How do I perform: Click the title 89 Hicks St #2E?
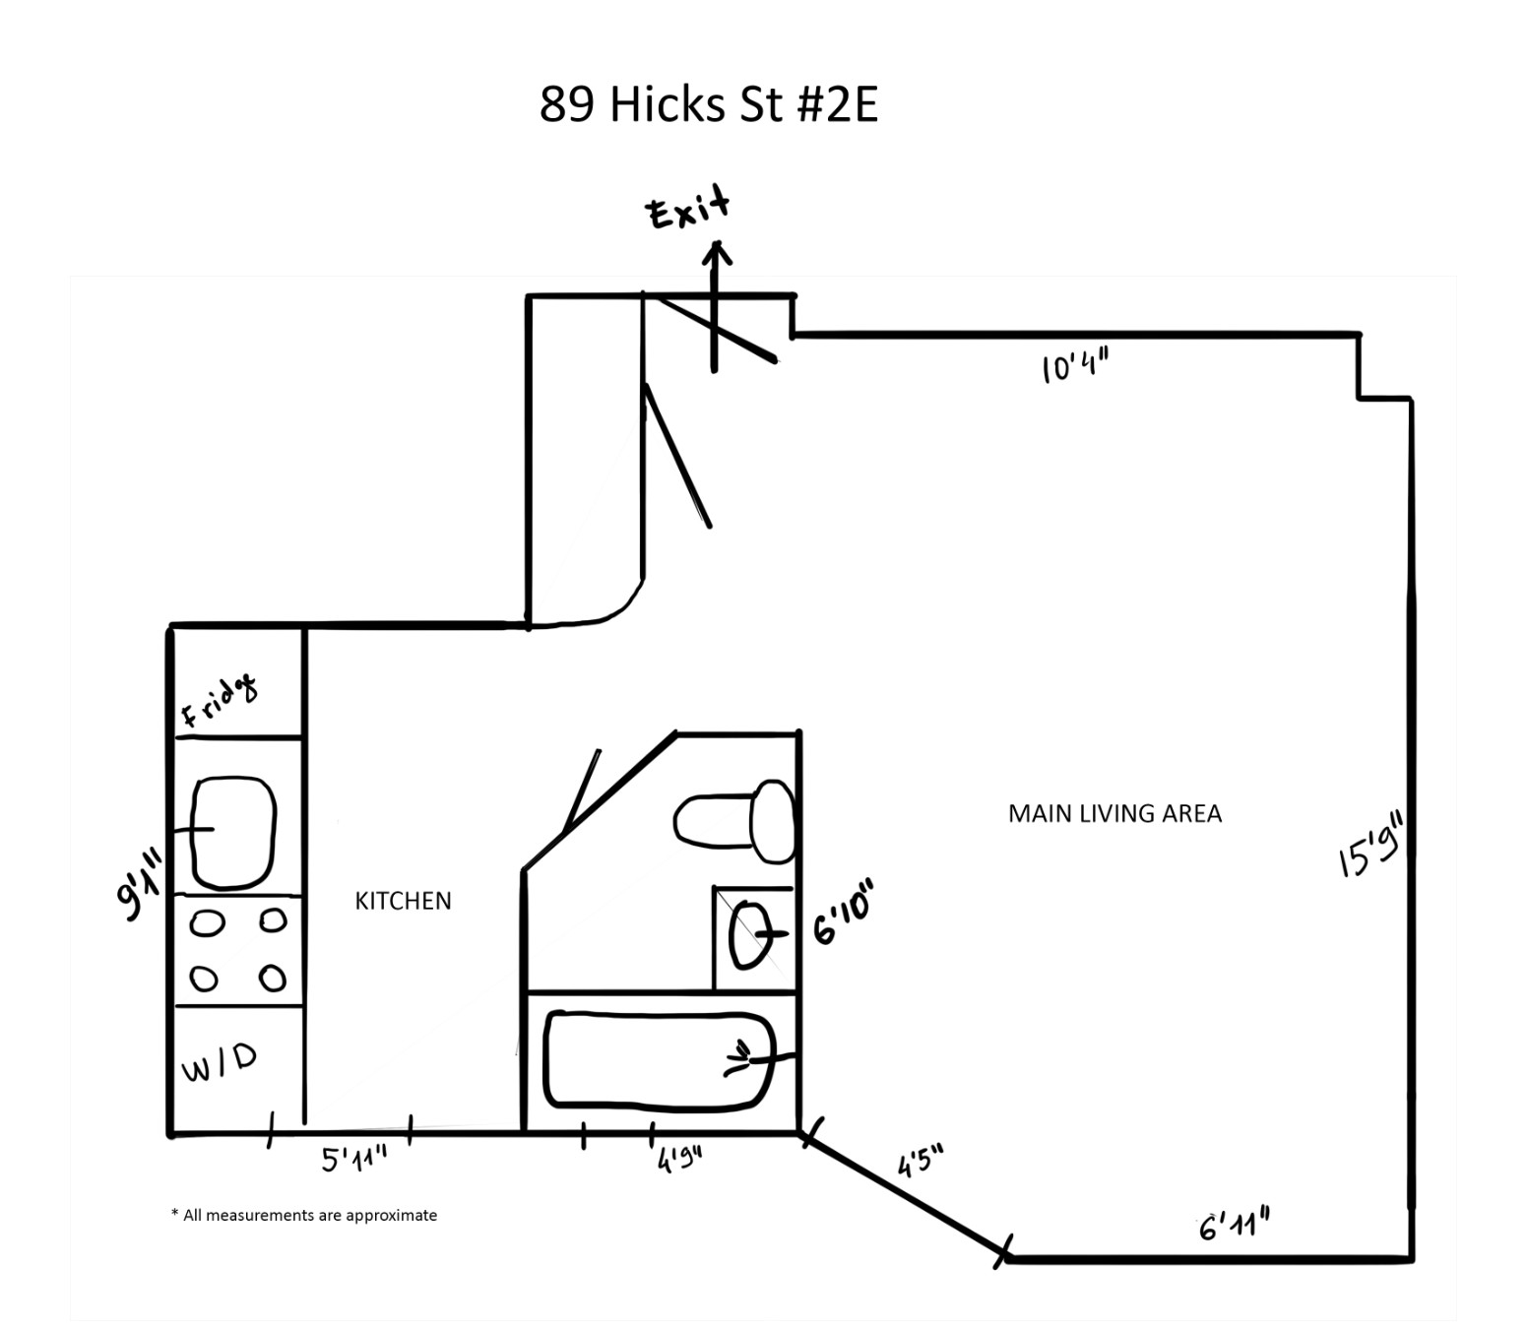708,104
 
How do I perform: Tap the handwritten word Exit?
687,208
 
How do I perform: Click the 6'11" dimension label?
1234,1226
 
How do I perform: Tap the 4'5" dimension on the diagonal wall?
920,1161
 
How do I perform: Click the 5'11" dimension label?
353,1159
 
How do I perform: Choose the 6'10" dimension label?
843,913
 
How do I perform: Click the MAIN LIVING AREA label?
1114,814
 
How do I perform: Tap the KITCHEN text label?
403,901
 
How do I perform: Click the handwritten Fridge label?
221,700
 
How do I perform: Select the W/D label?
220,1062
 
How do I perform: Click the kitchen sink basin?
233,833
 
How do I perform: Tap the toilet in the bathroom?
734,821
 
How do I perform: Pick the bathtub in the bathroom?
659,1058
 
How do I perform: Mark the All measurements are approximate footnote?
304,1215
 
